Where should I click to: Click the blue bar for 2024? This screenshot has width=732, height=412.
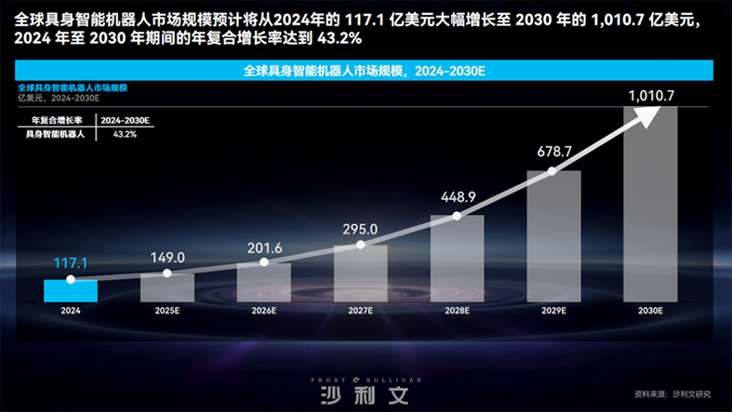click(70, 290)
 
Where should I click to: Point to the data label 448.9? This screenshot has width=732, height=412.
click(458, 196)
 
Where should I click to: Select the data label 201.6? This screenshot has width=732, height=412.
click(263, 246)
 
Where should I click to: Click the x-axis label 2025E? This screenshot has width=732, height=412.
click(166, 312)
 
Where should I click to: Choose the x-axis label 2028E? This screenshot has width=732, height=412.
click(458, 312)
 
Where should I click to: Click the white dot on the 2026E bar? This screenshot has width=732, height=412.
click(264, 262)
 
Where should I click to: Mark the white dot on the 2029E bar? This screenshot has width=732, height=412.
click(553, 171)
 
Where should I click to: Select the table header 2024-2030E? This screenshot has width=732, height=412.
click(125, 121)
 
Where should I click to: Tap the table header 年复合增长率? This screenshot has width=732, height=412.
click(57, 121)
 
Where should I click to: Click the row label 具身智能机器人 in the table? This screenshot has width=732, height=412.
click(55, 135)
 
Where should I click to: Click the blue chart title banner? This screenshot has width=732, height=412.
click(366, 71)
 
